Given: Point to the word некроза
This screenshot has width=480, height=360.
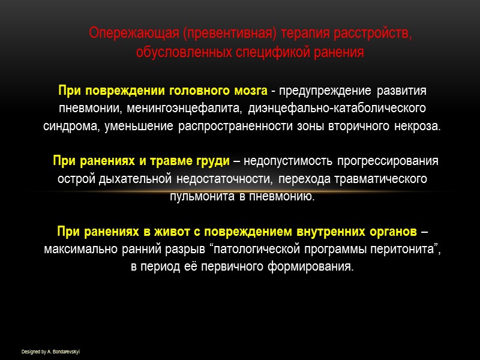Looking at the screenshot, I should (x=418, y=127).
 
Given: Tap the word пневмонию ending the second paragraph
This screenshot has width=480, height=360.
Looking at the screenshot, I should (x=281, y=196).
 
